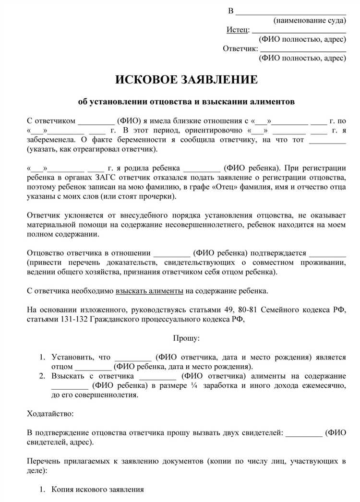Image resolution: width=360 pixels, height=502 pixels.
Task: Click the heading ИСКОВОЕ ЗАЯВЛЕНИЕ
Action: pos(186,79)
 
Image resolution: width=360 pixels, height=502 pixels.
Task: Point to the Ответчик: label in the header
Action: pos(240,48)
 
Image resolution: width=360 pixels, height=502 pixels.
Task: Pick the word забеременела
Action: pos(50,140)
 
